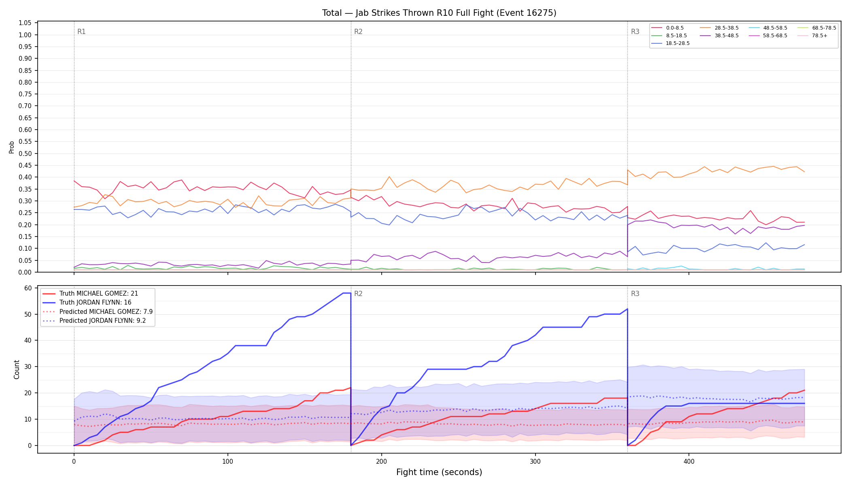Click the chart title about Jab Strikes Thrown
click(439, 13)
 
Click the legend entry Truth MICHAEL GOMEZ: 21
click(90, 294)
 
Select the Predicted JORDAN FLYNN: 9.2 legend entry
click(94, 321)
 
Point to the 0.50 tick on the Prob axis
click(26, 153)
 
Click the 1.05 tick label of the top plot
click(26, 23)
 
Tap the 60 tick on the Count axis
click(28, 288)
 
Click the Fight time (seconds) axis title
click(439, 472)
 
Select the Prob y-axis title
click(12, 147)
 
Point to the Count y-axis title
click(17, 369)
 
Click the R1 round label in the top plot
click(81, 32)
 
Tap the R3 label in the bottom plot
click(635, 294)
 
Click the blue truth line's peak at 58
click(347, 293)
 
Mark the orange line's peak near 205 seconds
click(389, 177)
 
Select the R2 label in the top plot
click(358, 32)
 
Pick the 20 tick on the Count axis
click(28, 393)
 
